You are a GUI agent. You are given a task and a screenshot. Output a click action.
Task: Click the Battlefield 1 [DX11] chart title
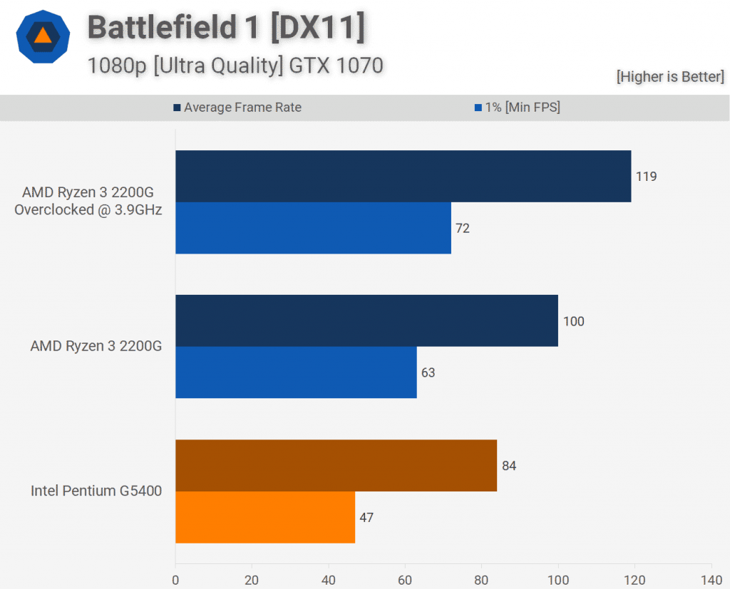[226, 28]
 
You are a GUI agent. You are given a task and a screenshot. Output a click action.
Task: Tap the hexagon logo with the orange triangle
[43, 36]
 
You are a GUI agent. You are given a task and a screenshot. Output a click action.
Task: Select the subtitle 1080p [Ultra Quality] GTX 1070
[235, 66]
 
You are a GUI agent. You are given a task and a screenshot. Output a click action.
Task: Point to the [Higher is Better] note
[670, 77]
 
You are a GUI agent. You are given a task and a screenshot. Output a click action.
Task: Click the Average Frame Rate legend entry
[237, 108]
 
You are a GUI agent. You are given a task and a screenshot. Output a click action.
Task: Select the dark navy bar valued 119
[403, 176]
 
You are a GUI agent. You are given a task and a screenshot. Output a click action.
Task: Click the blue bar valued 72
[313, 228]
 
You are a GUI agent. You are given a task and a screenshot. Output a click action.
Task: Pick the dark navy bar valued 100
[366, 320]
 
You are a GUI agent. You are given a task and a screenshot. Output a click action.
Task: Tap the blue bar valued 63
[296, 372]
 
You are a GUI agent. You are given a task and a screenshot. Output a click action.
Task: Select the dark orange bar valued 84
[336, 465]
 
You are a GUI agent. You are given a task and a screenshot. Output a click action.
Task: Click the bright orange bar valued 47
[265, 517]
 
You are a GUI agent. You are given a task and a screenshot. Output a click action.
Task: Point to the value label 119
[646, 177]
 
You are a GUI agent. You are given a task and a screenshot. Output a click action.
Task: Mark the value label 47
[366, 518]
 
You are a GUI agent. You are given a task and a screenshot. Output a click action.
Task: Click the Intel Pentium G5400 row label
[96, 491]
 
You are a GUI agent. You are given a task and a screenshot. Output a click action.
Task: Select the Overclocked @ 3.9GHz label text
[88, 210]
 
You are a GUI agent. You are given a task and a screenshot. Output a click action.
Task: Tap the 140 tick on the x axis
[711, 580]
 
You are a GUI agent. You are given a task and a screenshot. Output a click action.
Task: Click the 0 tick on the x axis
[175, 580]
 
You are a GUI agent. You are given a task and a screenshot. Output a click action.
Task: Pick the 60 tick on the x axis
[405, 580]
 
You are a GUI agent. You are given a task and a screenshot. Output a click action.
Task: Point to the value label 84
[508, 466]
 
